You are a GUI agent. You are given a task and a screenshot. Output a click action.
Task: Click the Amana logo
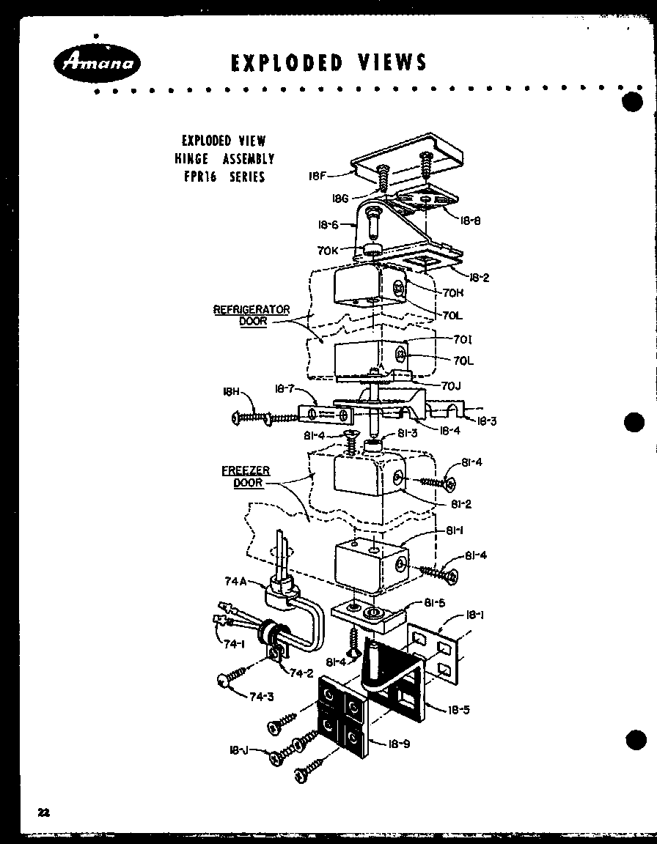(x=93, y=64)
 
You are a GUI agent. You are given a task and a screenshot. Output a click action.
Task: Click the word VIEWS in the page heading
(x=390, y=62)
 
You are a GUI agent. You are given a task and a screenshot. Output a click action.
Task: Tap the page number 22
(x=44, y=812)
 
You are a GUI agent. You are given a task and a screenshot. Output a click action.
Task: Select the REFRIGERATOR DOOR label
(x=252, y=315)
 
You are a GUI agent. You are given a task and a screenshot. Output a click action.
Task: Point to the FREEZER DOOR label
(x=246, y=477)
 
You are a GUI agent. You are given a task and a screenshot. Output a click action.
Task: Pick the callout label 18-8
(x=470, y=220)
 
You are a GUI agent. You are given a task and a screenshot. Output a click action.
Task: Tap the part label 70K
(x=327, y=251)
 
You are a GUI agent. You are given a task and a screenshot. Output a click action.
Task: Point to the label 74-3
(x=260, y=697)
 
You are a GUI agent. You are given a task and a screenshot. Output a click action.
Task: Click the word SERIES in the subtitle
(x=246, y=177)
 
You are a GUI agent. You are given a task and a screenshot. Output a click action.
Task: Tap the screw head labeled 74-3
(x=224, y=681)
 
